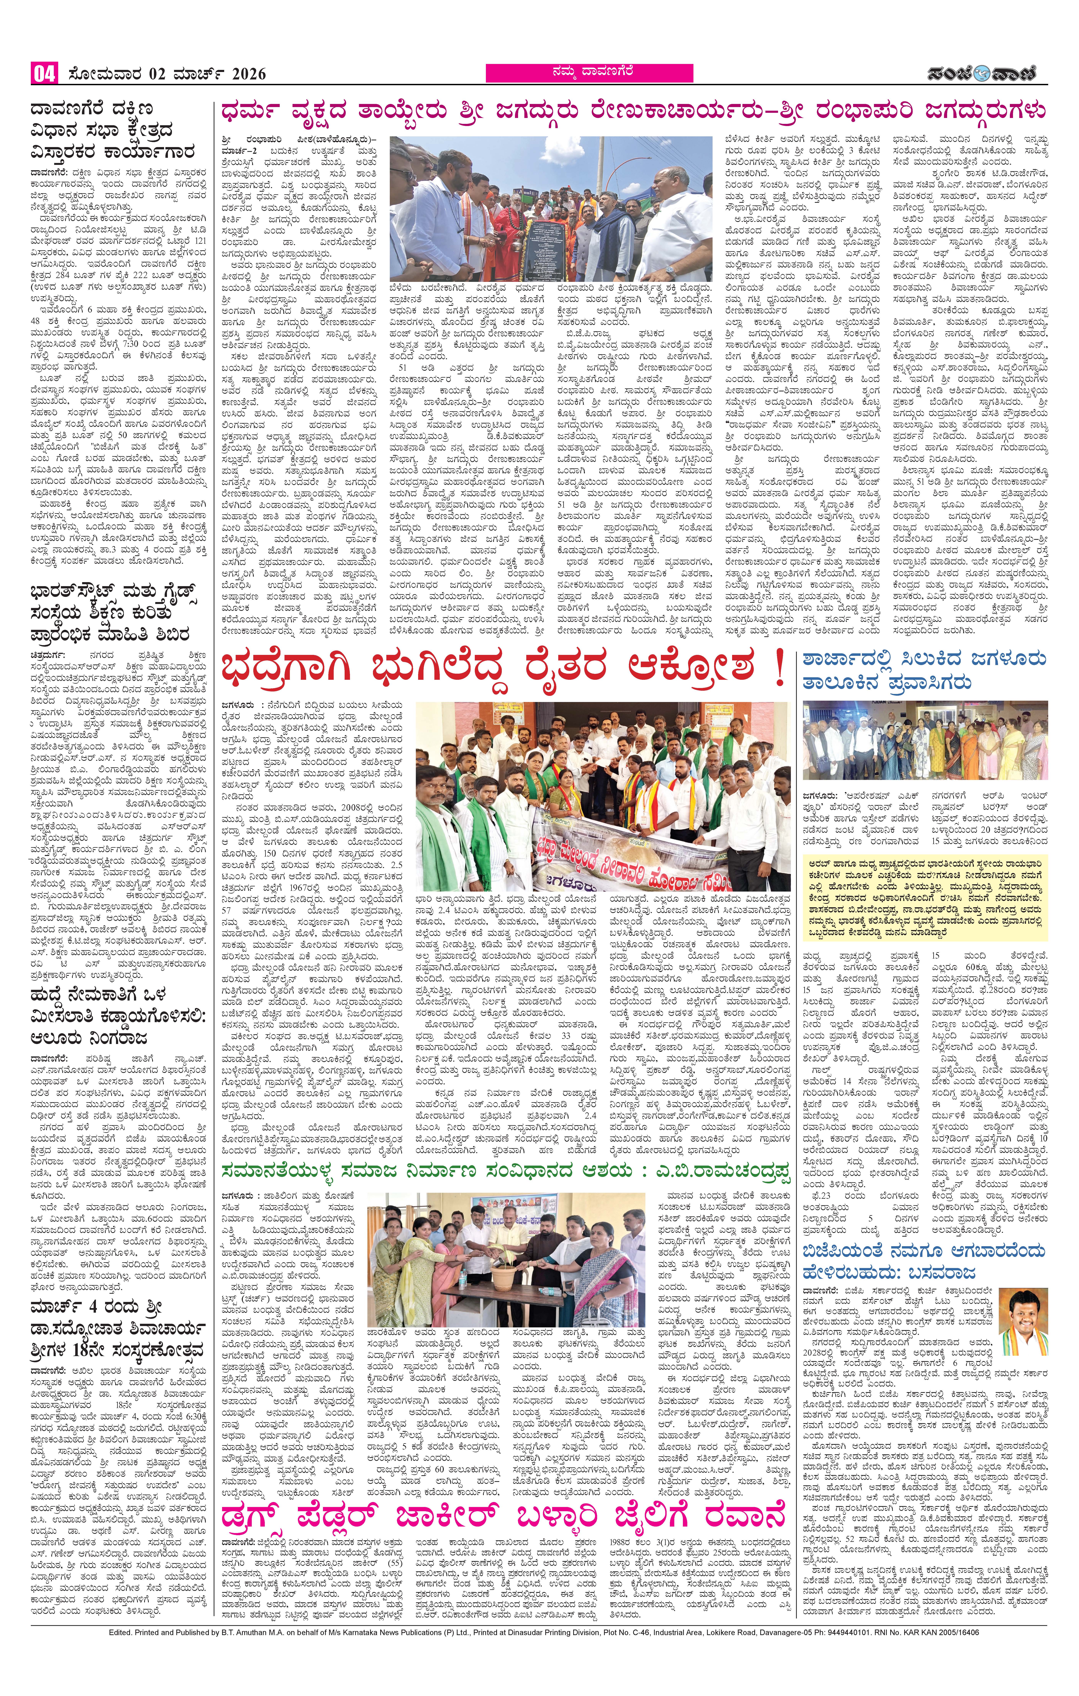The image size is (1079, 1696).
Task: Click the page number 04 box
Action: [x=44, y=73]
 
